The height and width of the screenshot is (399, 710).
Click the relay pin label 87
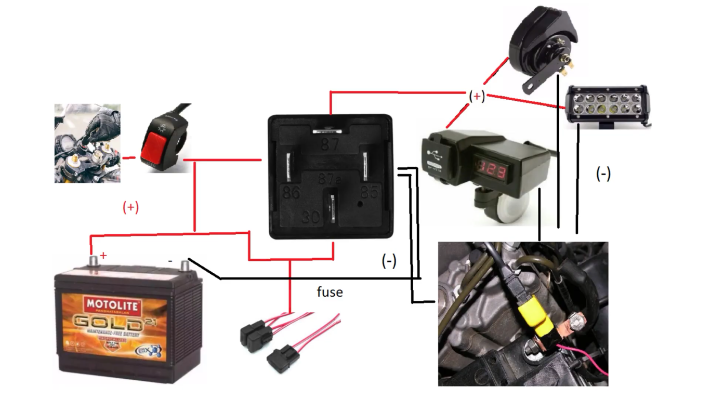330,144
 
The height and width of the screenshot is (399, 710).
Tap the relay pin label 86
291,193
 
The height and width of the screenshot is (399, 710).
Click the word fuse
330,292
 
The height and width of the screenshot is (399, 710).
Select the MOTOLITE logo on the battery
113,304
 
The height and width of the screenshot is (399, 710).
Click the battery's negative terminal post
184,265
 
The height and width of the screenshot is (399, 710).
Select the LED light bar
606,105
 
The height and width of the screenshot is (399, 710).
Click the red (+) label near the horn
477,96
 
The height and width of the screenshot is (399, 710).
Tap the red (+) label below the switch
130,207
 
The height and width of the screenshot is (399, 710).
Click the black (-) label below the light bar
603,175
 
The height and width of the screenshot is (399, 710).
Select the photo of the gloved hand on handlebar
87,143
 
